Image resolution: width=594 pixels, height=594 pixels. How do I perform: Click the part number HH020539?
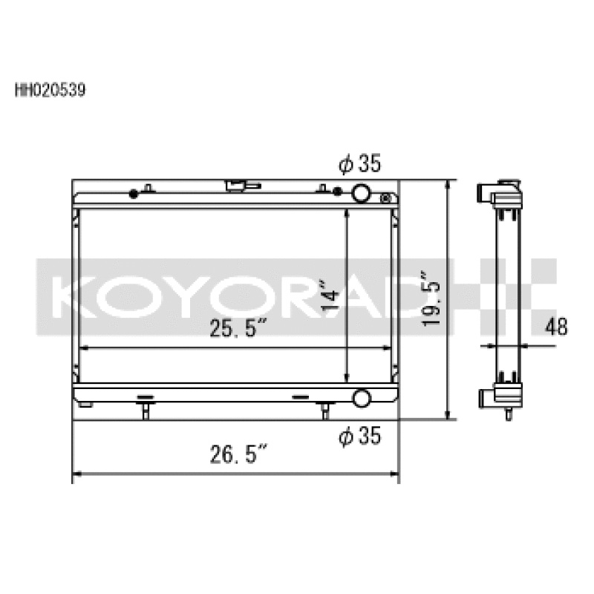50,92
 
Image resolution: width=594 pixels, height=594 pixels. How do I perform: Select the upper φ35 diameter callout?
359,164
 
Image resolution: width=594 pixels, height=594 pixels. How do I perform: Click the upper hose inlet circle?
361,193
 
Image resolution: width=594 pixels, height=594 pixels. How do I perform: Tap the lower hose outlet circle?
361,397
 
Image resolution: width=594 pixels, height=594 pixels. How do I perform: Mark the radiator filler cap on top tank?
238,183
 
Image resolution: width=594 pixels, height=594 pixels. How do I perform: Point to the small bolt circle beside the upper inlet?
385,198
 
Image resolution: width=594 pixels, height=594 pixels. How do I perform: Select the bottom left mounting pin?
146,410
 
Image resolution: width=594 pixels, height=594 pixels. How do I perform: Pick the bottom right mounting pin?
324,410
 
